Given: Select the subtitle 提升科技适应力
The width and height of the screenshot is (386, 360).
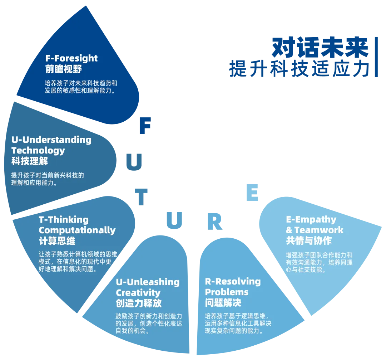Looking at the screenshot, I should click(x=298, y=68).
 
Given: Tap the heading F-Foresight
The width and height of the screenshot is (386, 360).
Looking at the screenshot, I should click(x=71, y=58).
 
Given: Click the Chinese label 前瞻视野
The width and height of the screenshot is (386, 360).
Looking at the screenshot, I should click(x=64, y=69).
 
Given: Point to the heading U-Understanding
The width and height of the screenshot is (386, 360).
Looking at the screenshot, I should click(x=51, y=140).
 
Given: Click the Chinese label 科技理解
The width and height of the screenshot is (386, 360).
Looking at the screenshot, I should click(x=30, y=161).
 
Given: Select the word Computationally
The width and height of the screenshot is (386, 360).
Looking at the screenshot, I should click(x=77, y=230).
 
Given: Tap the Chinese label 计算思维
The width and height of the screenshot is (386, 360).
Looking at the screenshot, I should click(x=57, y=241).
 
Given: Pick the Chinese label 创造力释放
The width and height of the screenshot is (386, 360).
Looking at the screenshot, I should click(x=139, y=303).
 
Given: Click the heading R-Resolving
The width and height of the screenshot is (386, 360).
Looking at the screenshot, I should click(x=233, y=281).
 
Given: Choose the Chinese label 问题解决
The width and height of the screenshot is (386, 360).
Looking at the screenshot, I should click(x=223, y=303).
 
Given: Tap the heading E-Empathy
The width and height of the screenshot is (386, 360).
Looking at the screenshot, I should click(x=311, y=219).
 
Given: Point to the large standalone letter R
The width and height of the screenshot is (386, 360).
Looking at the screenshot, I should click(x=215, y=222).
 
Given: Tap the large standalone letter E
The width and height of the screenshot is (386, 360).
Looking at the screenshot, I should click(x=253, y=194).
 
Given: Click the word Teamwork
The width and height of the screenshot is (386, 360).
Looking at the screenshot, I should click(x=319, y=230).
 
